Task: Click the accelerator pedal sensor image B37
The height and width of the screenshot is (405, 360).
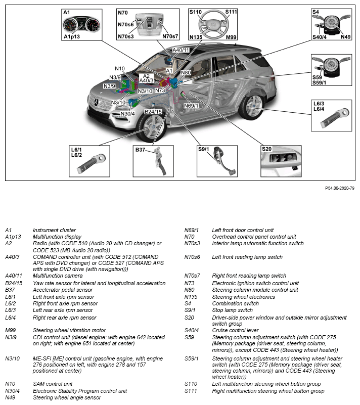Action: pos(157,162)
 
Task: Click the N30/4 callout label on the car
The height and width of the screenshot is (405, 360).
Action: pos(127,114)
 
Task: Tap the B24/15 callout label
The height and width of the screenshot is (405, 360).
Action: pos(153,112)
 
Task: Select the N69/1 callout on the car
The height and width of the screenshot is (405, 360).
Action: pos(192,106)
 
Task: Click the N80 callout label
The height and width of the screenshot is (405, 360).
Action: pos(186,73)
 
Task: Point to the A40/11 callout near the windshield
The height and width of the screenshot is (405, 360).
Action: pos(181,50)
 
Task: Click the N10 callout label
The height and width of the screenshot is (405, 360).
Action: pos(120,69)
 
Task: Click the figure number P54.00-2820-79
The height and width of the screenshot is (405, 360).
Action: pos(339,188)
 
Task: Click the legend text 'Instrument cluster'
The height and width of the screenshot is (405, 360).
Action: pos(54,230)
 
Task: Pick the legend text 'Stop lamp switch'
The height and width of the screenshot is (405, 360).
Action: pos(232,310)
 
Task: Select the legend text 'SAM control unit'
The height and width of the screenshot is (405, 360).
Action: pos(53,383)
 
